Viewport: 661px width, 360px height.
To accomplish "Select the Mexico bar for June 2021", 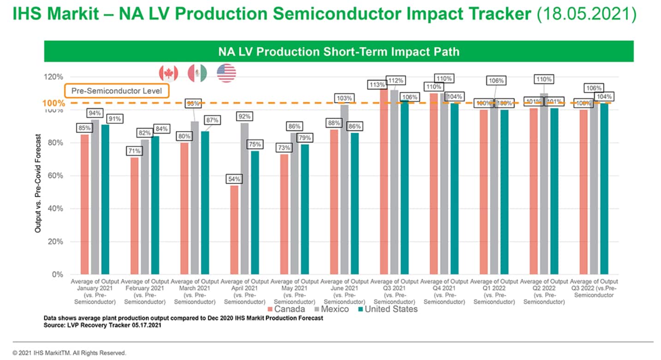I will click(344, 189).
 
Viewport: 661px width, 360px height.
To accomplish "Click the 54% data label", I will click(234, 179).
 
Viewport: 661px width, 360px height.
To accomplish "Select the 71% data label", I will click(134, 151).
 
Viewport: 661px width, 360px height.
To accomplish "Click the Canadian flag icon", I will click(168, 73).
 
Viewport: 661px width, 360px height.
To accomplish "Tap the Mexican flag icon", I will click(197, 73).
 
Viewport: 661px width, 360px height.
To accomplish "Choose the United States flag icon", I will click(226, 73).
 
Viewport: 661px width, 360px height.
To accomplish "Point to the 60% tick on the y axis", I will click(57, 176).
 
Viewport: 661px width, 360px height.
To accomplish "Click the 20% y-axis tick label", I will click(57, 241).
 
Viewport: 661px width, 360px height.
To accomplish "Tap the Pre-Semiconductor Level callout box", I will click(117, 91).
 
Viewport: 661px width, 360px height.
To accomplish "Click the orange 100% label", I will click(54, 103).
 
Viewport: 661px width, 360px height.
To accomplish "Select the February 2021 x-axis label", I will click(144, 291).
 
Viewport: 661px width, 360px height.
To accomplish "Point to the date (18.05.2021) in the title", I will click(586, 14).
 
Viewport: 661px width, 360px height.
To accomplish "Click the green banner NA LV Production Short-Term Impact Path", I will click(338, 51).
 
